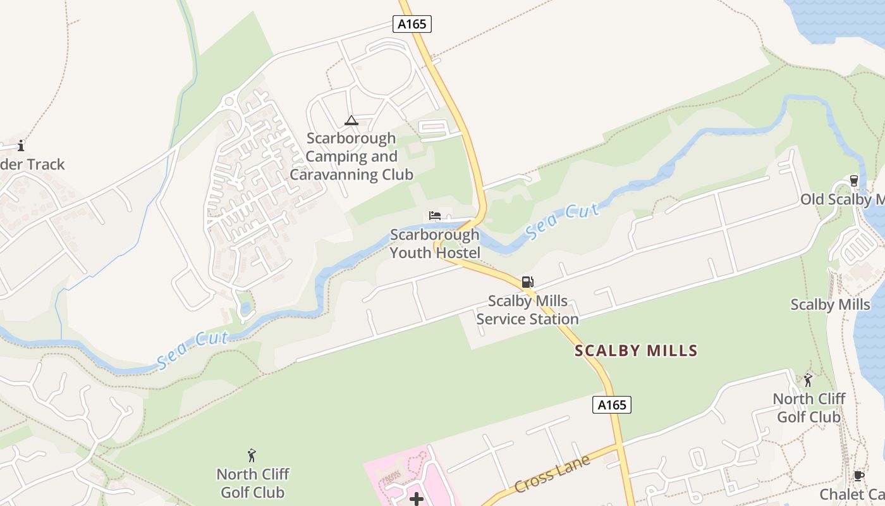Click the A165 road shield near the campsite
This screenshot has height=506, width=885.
[412, 25]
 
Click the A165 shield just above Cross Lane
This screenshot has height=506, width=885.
[612, 405]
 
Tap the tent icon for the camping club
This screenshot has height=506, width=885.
[351, 120]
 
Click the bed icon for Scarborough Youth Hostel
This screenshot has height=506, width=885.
[435, 216]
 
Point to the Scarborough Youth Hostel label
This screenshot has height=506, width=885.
[435, 244]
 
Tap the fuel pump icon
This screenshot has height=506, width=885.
[527, 282]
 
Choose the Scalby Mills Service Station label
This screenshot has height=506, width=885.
[527, 310]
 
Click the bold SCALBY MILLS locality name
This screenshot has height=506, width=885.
[636, 351]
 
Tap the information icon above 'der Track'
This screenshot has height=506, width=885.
[21, 145]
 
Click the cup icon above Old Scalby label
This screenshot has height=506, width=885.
[854, 181]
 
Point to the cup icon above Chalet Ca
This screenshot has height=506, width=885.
[858, 476]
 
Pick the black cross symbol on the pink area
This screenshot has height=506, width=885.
[417, 500]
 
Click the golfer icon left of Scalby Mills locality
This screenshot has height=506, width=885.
[252, 455]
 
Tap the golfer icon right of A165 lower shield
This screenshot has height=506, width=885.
[808, 380]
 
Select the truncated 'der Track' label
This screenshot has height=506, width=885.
[32, 164]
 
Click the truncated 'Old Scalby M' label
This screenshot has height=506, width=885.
[842, 200]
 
